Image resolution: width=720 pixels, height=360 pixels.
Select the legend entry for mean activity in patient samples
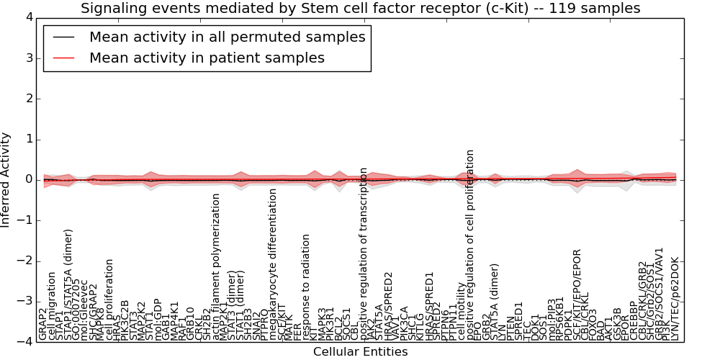tap(207, 58)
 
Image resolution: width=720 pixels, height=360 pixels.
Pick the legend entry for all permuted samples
tap(227, 37)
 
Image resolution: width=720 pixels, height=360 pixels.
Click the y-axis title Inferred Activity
tap(6, 180)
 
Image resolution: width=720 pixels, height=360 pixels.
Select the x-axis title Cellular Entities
tap(360, 352)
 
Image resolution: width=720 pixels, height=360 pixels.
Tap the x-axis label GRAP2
tap(43, 324)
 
